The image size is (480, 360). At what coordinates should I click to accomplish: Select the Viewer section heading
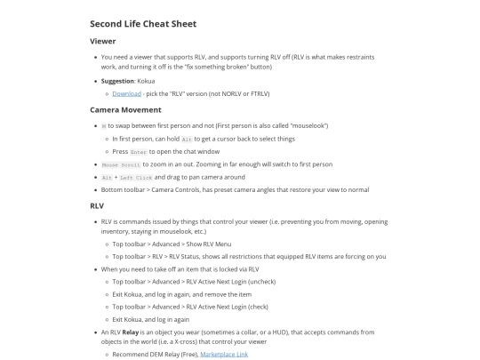point(103,41)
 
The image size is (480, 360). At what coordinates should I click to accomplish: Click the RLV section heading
point(97,205)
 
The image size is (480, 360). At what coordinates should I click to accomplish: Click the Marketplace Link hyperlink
point(224,354)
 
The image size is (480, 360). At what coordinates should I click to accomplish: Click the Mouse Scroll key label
point(122,164)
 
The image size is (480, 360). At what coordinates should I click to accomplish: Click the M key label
point(103,126)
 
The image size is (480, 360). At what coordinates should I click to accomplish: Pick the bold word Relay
point(132,332)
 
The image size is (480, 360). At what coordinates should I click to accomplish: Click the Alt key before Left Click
point(107,177)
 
